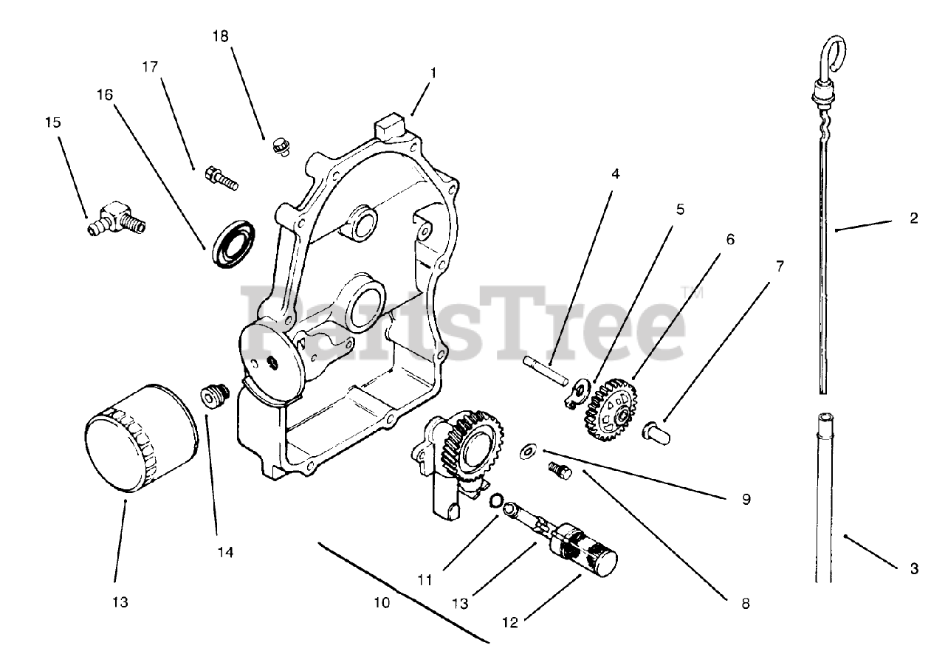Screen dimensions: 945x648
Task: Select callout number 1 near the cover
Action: (433, 73)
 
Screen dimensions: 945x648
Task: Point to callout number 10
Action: (381, 602)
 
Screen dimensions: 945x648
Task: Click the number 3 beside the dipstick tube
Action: (914, 568)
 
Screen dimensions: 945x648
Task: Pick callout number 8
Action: (744, 603)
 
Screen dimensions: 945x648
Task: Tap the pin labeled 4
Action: (547, 370)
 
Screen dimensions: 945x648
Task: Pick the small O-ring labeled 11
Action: (497, 501)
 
